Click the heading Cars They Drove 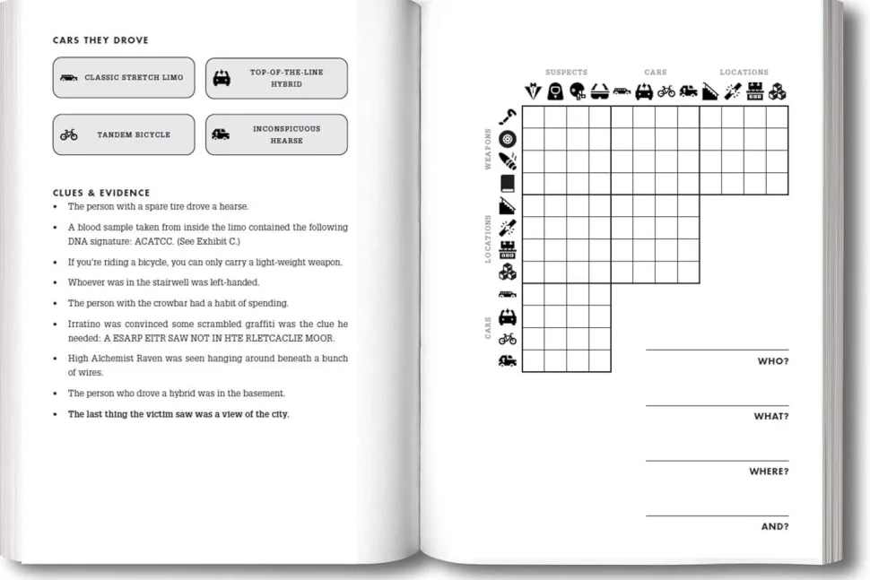point(100,40)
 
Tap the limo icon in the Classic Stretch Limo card point(69,78)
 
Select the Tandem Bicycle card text point(134,135)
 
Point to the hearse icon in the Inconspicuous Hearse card point(221,134)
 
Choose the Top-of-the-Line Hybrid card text point(286,78)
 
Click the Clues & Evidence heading point(101,193)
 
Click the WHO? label point(773,361)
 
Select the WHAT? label point(770,417)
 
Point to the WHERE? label point(769,472)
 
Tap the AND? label point(774,527)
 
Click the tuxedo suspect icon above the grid point(533,91)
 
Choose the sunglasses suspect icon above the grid point(600,91)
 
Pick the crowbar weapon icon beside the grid point(508,117)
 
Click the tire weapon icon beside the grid point(508,139)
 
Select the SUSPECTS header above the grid point(566,73)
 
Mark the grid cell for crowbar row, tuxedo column point(533,117)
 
